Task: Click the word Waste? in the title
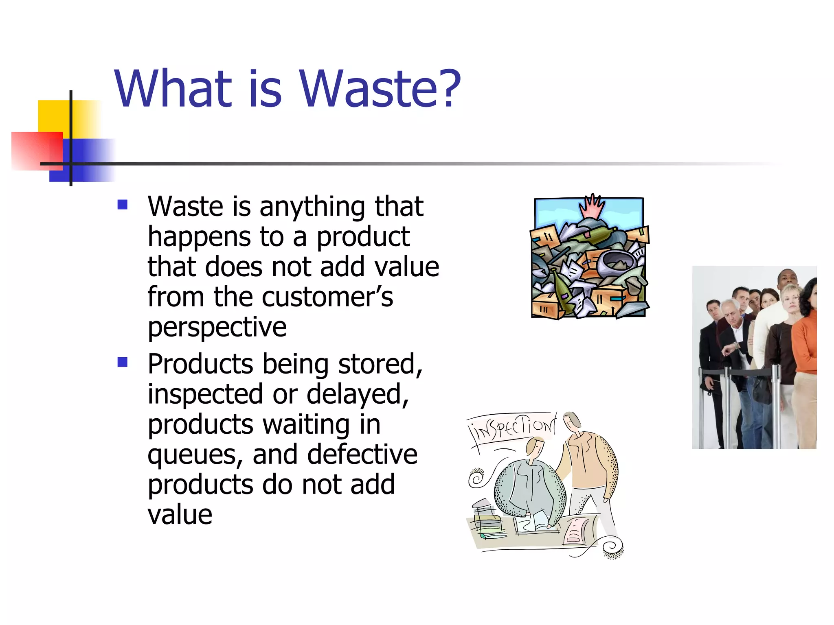380,89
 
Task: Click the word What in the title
173,89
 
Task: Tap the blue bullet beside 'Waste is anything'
122,204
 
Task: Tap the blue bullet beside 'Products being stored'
122,362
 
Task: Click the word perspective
217,328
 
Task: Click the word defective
362,454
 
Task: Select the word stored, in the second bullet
380,364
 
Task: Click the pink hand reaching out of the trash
592,206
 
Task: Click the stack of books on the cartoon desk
487,523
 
